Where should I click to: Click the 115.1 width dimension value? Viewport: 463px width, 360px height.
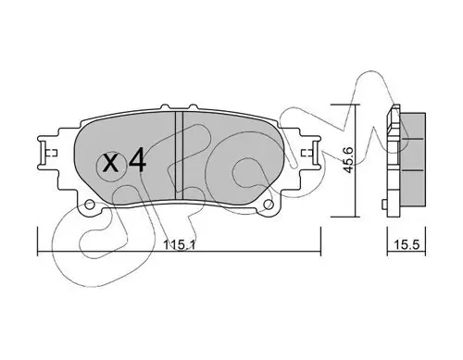click(179, 245)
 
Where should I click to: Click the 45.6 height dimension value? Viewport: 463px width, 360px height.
click(349, 160)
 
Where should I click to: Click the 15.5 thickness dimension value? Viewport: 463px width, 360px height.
click(407, 245)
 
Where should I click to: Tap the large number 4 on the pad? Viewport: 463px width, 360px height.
click(137, 160)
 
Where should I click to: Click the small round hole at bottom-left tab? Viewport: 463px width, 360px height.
click(90, 205)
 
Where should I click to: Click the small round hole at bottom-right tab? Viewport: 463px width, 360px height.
click(269, 205)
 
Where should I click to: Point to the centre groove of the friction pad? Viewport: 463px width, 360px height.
click(179, 155)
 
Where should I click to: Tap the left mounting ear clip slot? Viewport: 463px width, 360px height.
click(43, 153)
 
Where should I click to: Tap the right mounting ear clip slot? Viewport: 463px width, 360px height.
click(316, 153)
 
